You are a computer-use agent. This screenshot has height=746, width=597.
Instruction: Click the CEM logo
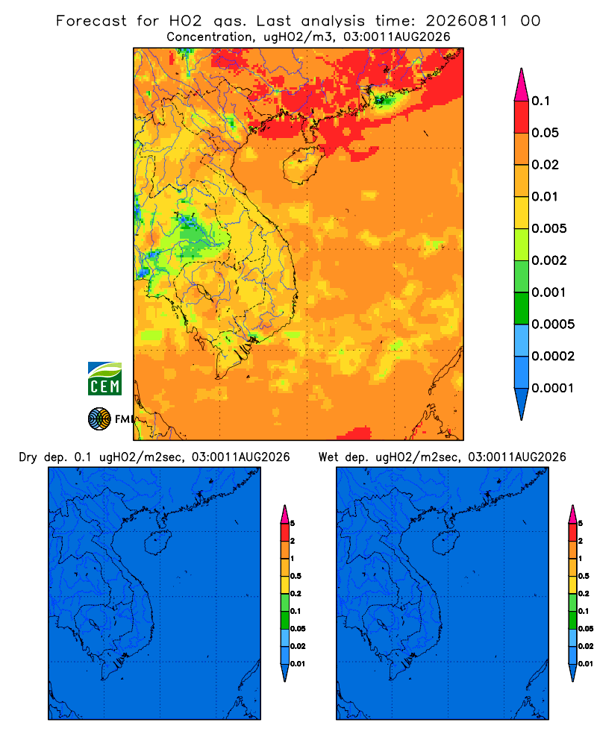(104, 378)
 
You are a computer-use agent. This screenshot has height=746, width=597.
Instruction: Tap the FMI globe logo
(99, 419)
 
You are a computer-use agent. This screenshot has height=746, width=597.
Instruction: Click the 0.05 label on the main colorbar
(545, 133)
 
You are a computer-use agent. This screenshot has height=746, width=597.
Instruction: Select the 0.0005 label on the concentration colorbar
(553, 324)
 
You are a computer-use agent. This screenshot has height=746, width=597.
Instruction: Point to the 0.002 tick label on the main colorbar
(549, 260)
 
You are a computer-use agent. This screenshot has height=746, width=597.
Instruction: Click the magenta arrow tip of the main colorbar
(522, 84)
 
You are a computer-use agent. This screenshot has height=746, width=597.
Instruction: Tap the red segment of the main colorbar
(522, 116)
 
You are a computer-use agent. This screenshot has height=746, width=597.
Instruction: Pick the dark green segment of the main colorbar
(522, 308)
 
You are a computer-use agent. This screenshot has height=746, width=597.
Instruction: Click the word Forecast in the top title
(91, 21)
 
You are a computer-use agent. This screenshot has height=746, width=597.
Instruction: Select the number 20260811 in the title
(466, 21)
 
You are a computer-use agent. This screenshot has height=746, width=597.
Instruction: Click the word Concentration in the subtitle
(209, 37)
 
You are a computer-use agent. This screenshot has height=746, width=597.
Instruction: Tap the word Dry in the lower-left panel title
(28, 457)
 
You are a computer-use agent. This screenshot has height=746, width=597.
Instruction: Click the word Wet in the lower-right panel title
(328, 457)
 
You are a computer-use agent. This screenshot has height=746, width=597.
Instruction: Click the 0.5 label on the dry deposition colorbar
(296, 576)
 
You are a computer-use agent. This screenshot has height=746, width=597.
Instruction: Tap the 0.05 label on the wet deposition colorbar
(586, 629)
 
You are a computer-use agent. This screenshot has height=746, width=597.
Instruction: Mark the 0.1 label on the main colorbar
(540, 101)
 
